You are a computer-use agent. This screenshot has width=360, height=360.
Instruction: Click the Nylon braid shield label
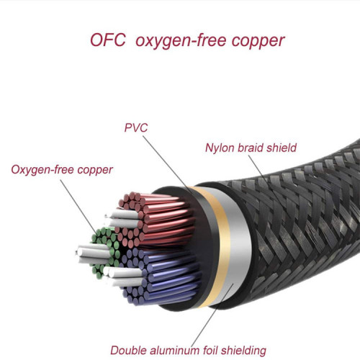point(251,149)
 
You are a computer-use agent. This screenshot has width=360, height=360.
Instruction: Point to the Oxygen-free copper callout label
point(62,170)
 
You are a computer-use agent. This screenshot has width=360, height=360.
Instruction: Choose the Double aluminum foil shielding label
point(188,351)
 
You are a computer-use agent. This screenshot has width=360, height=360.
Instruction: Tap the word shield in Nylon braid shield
point(281,149)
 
